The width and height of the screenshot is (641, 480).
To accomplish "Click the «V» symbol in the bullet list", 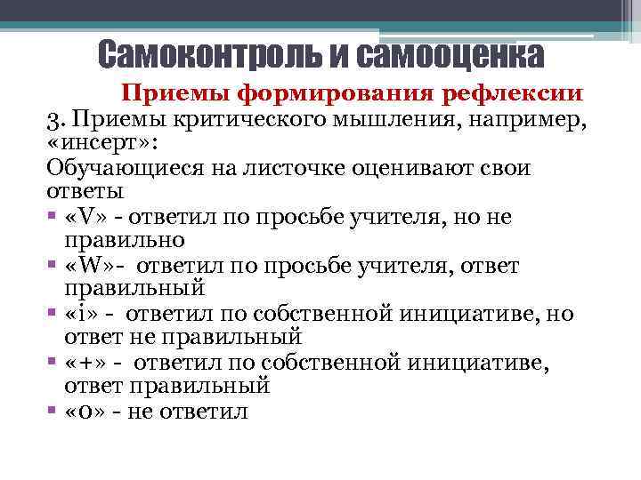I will [86, 217].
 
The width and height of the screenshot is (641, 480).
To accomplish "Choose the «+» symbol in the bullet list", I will [87, 364].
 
